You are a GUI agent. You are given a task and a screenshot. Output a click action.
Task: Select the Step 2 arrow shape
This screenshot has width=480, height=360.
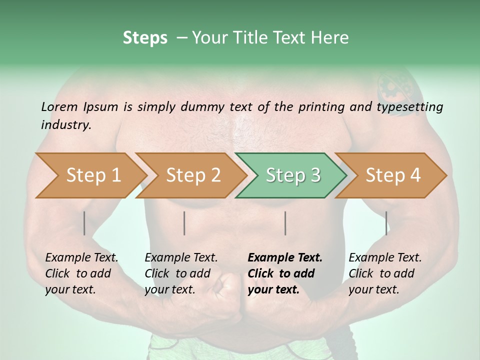[193, 175]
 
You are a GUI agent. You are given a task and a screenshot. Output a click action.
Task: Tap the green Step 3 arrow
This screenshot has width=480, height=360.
[293, 175]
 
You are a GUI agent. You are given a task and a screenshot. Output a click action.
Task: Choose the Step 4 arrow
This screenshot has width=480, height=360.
[393, 175]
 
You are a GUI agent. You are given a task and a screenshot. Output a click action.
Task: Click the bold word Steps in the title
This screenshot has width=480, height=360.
[145, 37]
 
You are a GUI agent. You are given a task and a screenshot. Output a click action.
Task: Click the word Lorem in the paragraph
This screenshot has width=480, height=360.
[59, 106]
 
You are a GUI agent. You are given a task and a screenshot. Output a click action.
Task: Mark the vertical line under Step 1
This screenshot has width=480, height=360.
[84, 223]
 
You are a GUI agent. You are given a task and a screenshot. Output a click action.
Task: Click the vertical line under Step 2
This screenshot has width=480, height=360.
[184, 223]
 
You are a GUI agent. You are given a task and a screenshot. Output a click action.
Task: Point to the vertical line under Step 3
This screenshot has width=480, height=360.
[285, 223]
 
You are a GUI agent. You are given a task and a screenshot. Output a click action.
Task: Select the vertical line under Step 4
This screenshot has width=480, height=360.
[386, 223]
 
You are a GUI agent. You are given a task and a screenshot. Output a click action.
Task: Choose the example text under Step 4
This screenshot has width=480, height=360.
[384, 273]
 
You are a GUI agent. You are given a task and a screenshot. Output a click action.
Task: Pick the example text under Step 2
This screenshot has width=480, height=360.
[180, 273]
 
